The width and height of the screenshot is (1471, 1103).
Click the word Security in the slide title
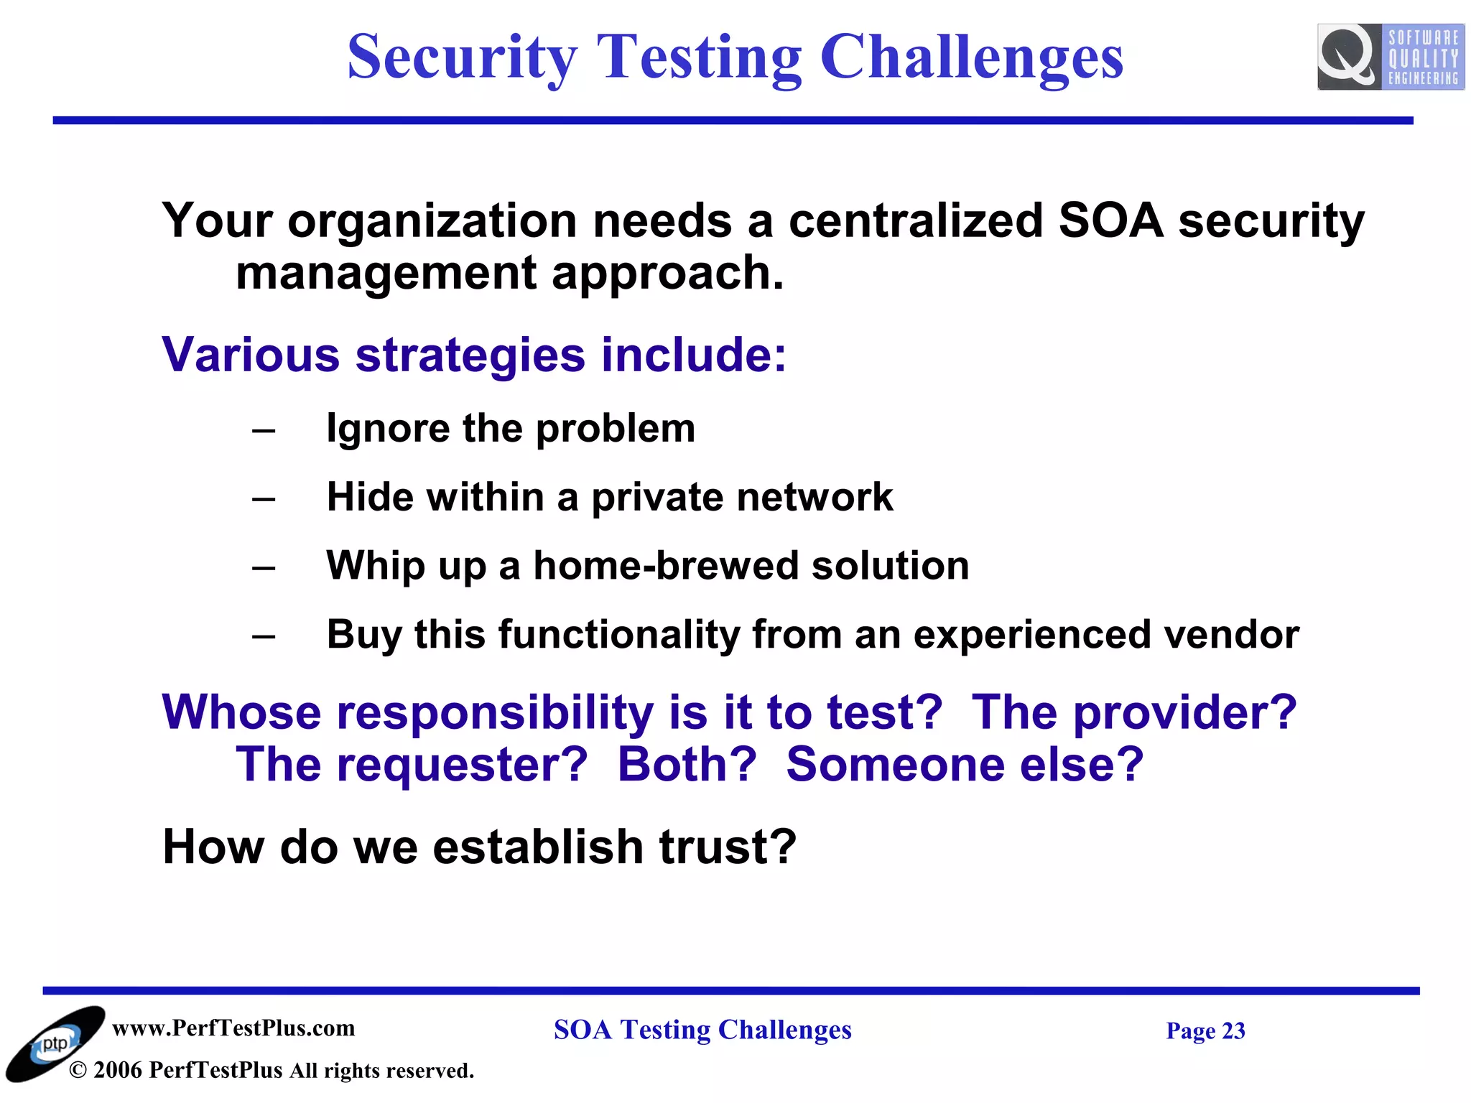tap(462, 57)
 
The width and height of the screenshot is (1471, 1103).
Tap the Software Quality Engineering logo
tap(1390, 57)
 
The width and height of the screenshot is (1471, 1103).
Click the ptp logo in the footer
tap(55, 1043)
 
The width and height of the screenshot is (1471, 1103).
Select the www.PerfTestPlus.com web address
tap(233, 1028)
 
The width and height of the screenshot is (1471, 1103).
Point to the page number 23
tap(1233, 1030)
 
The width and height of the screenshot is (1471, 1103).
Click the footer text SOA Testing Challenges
tap(702, 1030)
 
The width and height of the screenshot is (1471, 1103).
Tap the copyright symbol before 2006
tap(78, 1071)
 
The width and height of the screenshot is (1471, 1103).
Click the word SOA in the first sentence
tap(1110, 220)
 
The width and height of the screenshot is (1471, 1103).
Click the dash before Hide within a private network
tap(264, 498)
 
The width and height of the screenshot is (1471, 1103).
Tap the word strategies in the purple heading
tap(470, 355)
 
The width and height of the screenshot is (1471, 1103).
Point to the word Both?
tap(687, 764)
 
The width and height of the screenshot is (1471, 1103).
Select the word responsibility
tap(495, 712)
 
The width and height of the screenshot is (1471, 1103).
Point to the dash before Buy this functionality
tap(264, 636)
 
